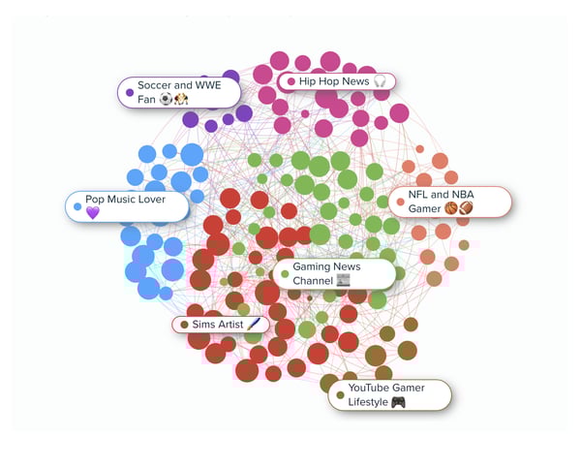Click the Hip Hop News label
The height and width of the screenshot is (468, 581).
(x=337, y=81)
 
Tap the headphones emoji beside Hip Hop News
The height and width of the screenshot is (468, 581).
(x=380, y=81)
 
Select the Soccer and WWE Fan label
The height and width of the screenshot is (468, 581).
(x=179, y=92)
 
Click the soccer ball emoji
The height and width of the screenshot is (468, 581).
(x=166, y=99)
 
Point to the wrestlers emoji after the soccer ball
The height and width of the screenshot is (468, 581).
(x=181, y=99)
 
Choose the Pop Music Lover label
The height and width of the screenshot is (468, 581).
(x=128, y=206)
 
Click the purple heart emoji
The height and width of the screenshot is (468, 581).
(x=93, y=213)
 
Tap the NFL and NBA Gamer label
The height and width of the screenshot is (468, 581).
(x=450, y=202)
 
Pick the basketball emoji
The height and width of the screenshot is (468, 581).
(x=451, y=208)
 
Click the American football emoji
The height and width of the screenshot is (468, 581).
(x=466, y=208)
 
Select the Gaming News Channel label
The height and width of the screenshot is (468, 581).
(x=335, y=273)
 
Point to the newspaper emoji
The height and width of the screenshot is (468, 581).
(x=343, y=280)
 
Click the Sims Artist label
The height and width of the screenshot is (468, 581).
(x=221, y=325)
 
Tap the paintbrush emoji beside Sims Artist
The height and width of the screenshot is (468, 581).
(x=254, y=325)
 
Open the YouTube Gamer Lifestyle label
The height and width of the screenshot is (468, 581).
(x=390, y=395)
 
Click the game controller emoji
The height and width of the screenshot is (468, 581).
(x=398, y=402)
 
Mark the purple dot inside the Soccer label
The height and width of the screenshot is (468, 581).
(x=130, y=92)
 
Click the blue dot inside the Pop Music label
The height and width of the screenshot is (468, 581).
(x=77, y=206)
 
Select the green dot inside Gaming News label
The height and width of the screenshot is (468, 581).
(x=285, y=274)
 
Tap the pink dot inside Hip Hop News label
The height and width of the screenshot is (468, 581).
(x=291, y=81)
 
